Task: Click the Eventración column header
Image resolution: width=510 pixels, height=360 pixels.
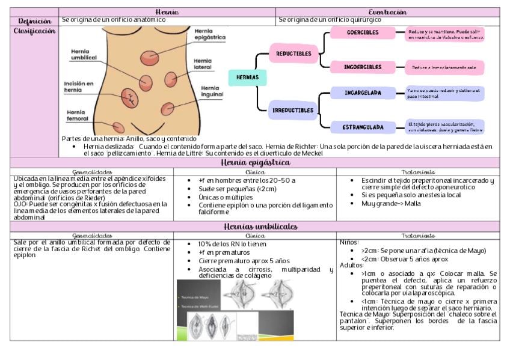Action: coord(387,12)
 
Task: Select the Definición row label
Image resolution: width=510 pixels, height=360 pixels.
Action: coord(34,20)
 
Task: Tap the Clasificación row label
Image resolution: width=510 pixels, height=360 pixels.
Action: coord(34,31)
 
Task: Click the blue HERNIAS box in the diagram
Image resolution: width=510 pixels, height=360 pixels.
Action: coord(247,78)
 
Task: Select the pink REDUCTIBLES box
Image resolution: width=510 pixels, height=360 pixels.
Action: coord(293,53)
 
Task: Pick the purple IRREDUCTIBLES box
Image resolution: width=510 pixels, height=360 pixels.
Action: coord(293,111)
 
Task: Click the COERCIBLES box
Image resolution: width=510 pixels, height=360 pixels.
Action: coord(363,32)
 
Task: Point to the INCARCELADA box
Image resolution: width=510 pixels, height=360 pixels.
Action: coord(363,93)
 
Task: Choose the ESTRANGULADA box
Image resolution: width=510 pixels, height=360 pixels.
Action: coord(363,127)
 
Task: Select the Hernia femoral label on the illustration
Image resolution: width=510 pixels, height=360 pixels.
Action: coord(76,115)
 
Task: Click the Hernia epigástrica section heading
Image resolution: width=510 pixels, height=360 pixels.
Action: coord(255,163)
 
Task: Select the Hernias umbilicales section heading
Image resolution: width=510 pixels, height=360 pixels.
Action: coord(255,227)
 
